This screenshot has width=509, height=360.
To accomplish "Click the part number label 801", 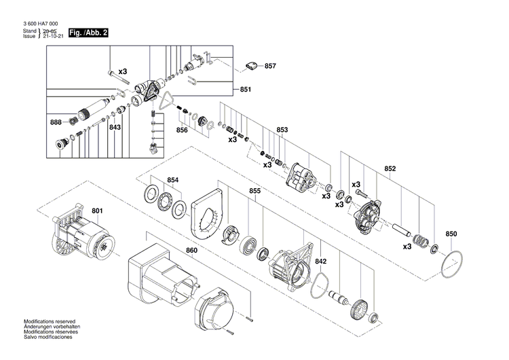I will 97,211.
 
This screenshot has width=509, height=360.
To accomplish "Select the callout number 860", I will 192,251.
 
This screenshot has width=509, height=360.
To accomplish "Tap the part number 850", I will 451,234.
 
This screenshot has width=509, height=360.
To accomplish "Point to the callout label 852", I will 390,169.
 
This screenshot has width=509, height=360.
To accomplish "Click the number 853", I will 282,130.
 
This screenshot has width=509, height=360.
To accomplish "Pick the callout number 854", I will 173,180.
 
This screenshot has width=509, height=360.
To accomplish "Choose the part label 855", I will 254,192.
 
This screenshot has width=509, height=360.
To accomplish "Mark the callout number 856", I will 182,130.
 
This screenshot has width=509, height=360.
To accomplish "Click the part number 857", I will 270,66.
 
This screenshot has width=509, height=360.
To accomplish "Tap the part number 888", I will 56,122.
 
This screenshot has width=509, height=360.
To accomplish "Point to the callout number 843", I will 115,127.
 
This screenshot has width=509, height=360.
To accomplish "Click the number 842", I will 321,261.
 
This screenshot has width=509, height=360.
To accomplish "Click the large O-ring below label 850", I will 453,266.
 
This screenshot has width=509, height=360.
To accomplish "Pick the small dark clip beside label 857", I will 251,66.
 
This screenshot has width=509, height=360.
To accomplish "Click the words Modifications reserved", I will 50,321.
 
